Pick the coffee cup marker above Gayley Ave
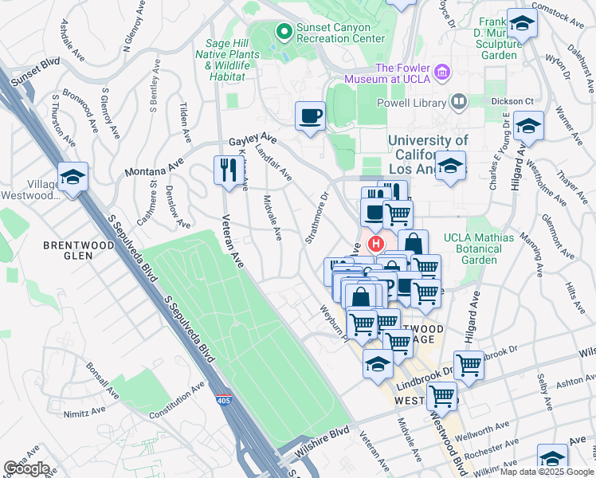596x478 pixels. coord(310,116)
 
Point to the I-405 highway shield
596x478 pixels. coord(228,401)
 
